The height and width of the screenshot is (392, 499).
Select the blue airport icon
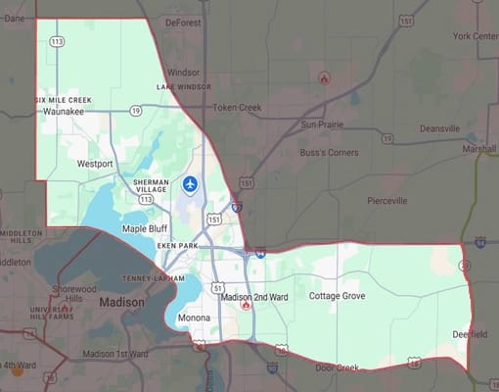[x=190, y=183]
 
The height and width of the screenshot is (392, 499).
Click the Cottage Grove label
[x=338, y=295]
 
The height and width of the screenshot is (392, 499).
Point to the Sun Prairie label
[x=324, y=124]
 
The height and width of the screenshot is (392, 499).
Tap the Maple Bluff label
[x=146, y=228]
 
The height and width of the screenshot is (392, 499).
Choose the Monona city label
[x=194, y=319]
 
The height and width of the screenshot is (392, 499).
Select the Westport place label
[x=96, y=164]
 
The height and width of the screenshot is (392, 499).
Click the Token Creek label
[x=237, y=107]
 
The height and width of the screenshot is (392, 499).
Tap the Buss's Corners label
[x=330, y=154]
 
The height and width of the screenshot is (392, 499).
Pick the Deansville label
[x=439, y=129]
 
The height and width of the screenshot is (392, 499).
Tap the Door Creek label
[x=338, y=367]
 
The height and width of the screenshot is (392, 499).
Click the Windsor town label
[x=183, y=72]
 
